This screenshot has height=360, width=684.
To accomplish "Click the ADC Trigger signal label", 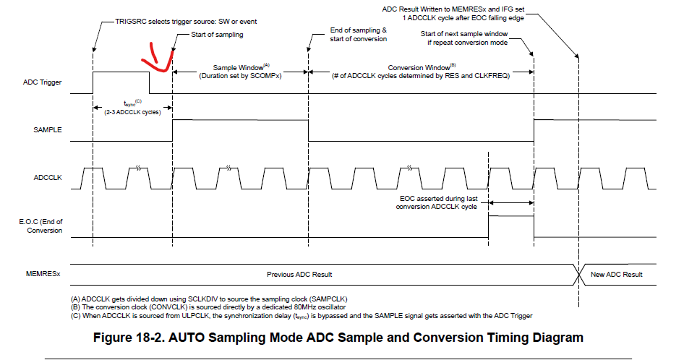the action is click(43, 82).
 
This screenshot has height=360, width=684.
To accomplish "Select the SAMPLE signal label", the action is click(48, 129).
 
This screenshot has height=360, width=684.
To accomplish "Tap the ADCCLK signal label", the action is click(48, 178).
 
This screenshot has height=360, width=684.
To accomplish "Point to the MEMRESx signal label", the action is click(43, 274).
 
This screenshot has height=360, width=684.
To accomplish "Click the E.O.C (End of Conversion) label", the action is click(40, 226).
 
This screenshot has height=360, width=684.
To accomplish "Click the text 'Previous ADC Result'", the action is click(299, 275).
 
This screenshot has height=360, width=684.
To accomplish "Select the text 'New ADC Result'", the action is click(616, 275).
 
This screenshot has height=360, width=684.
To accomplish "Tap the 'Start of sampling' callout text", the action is click(217, 35).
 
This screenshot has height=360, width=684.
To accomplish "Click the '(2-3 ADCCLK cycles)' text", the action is click(132, 112).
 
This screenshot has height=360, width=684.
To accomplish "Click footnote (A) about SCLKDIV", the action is click(209, 299).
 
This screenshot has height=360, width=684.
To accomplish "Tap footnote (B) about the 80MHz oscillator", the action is click(208, 307).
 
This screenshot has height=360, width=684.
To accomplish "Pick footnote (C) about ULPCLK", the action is click(302, 315).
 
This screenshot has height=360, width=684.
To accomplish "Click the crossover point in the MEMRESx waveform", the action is click(579, 275).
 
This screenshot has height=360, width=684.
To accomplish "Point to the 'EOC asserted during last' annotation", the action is click(438, 199).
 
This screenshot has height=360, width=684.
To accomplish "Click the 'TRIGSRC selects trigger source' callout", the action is click(186, 22).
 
